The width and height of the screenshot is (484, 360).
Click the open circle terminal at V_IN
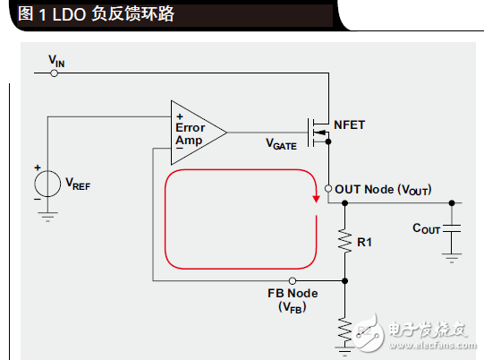[55, 73]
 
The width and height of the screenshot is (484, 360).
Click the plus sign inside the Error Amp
[179, 116]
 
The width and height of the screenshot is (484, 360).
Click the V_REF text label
[78, 184]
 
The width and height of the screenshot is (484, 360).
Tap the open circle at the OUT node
[328, 189]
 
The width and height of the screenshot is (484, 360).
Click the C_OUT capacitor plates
[452, 229]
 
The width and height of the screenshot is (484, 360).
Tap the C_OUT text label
[426, 229]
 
